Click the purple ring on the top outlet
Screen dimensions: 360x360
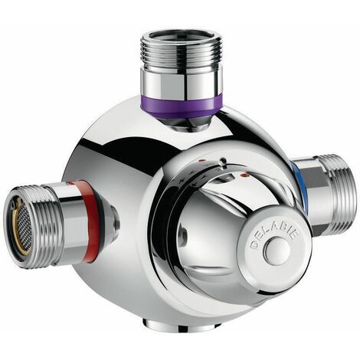tap(182, 107)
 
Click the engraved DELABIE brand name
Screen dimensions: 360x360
tap(274, 237)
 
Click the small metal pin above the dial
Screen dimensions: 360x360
tap(223, 161)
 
